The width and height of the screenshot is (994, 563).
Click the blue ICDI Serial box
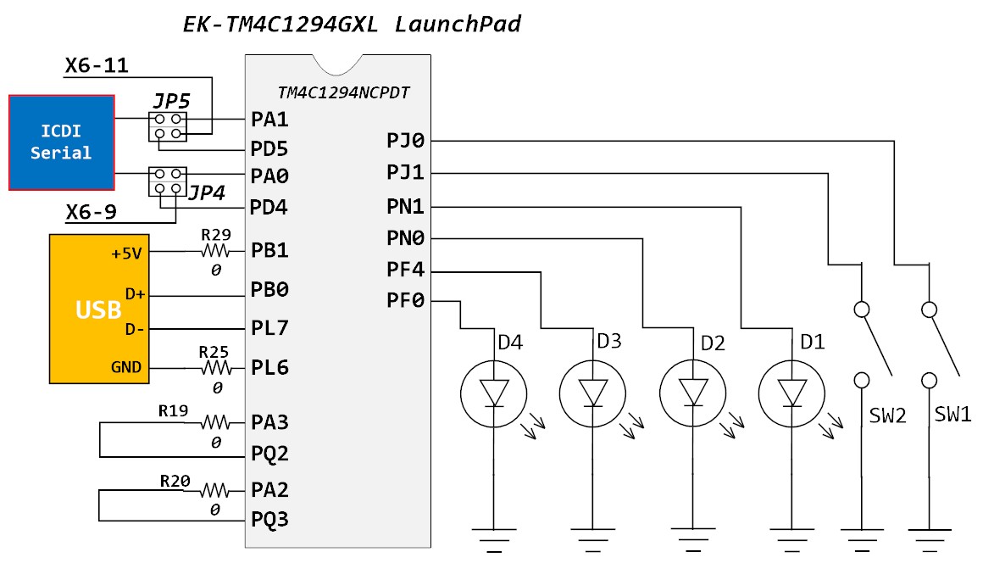tap(61, 142)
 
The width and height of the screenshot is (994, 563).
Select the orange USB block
tap(99, 309)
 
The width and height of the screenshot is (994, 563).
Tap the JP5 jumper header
tap(168, 126)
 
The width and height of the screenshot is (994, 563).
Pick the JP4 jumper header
tap(167, 181)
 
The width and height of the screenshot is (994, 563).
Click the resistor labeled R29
tap(215, 252)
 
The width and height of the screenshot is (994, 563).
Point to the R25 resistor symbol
tap(215, 368)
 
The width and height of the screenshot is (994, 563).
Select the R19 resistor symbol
tap(215, 421)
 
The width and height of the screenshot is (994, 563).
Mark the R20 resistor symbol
tap(215, 490)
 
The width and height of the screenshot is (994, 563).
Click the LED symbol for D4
tap(494, 393)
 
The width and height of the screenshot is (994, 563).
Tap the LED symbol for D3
tap(593, 393)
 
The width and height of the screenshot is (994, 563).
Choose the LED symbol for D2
tap(693, 393)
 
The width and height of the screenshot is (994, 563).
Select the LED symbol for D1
tap(792, 393)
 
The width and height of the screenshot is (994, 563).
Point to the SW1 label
tap(953, 415)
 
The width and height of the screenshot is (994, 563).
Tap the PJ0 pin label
tap(405, 141)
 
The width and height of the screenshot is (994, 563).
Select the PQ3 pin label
tap(270, 519)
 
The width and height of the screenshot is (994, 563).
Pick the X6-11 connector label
tap(97, 65)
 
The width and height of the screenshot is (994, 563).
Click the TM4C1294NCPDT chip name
tap(344, 92)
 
